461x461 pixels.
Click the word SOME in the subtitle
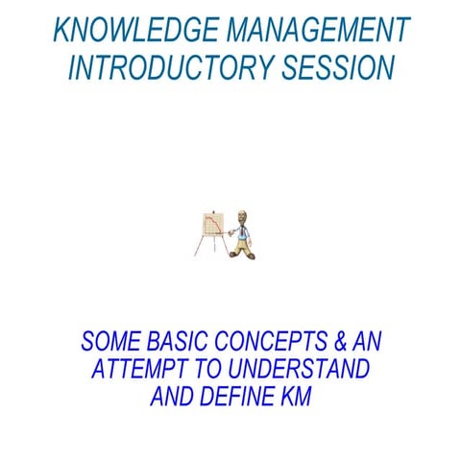tap(108, 342)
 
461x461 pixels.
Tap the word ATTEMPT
tap(133, 370)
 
